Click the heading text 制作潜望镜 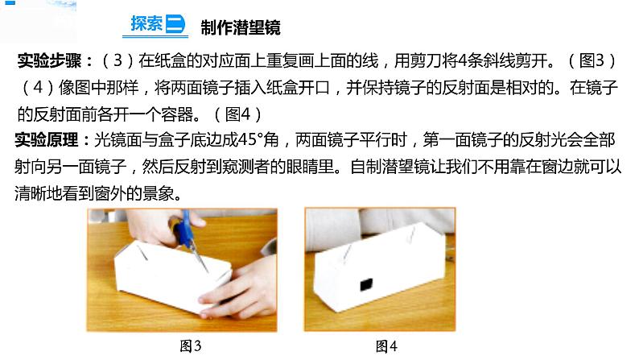click(241, 27)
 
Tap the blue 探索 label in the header click(146, 23)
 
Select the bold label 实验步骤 click(49, 60)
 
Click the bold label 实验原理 click(47, 140)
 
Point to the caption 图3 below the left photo click(191, 346)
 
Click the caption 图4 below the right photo click(386, 346)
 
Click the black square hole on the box click(366, 284)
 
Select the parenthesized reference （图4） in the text click(238, 114)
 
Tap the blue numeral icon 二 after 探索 click(175, 23)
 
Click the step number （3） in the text click(117, 60)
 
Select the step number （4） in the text click(38, 88)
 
